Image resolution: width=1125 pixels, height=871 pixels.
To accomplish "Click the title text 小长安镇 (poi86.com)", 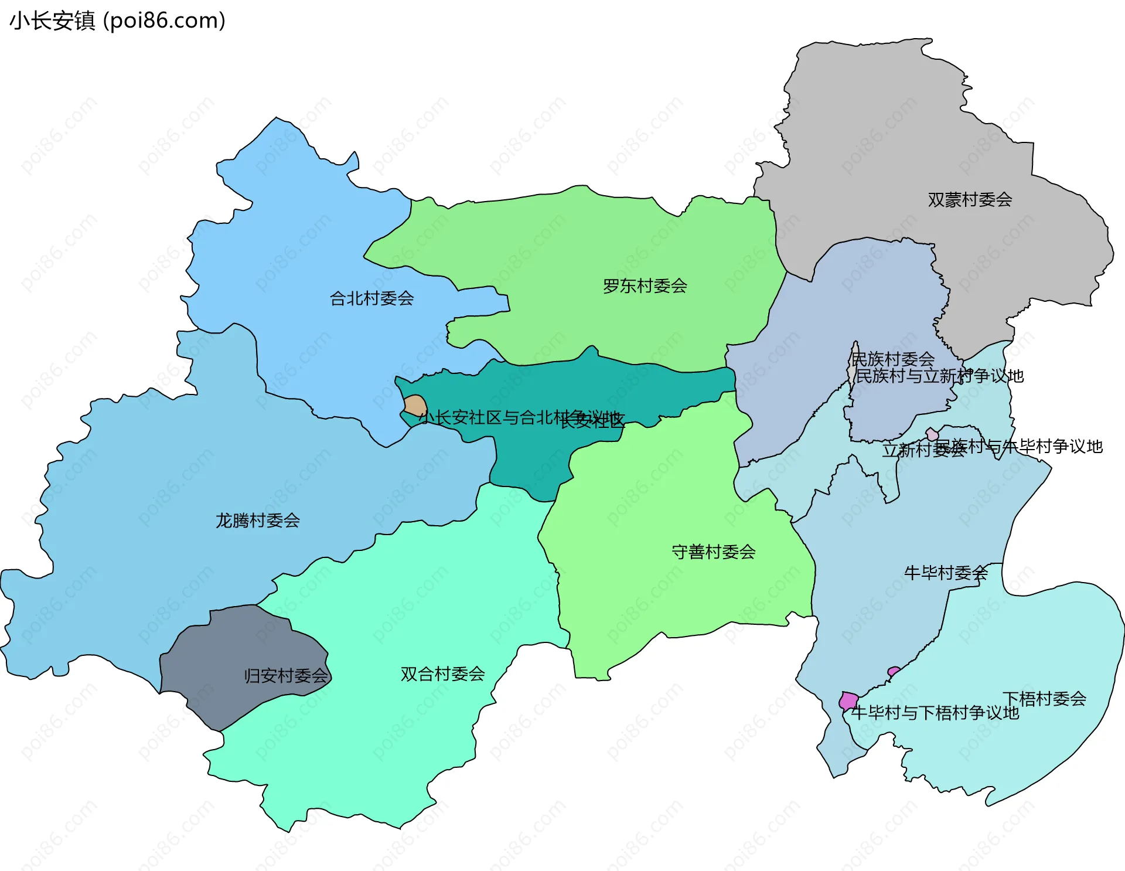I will point(117,21).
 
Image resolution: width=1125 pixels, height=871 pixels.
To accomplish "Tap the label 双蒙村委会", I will point(970,200).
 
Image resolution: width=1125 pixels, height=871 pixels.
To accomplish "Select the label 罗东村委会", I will point(645,286).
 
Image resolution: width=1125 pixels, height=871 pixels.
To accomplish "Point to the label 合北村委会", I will point(371,298).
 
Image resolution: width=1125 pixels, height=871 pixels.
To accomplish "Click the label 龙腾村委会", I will point(257,520).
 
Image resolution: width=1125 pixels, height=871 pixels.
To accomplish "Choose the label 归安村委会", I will point(286,676).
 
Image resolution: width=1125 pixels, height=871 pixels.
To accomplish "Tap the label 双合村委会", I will point(442,674).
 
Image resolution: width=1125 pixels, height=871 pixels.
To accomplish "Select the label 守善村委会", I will point(713,552).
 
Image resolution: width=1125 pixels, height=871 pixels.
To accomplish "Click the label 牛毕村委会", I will point(945,573).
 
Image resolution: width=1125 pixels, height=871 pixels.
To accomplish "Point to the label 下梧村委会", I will point(1044,699).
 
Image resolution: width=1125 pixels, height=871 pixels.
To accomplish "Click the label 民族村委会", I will point(892,359).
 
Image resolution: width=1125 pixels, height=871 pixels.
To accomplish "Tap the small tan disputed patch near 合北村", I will point(415,406).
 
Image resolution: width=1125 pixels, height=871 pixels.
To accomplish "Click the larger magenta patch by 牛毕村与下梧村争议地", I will point(848,700).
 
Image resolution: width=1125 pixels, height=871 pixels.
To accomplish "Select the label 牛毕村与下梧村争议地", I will point(935,713).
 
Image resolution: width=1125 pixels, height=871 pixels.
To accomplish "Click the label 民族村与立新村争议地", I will point(939,376).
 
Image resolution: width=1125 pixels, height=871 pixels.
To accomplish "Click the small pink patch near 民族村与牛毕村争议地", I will point(932,434).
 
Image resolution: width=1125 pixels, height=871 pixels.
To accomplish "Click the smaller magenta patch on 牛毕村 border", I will point(894,671).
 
